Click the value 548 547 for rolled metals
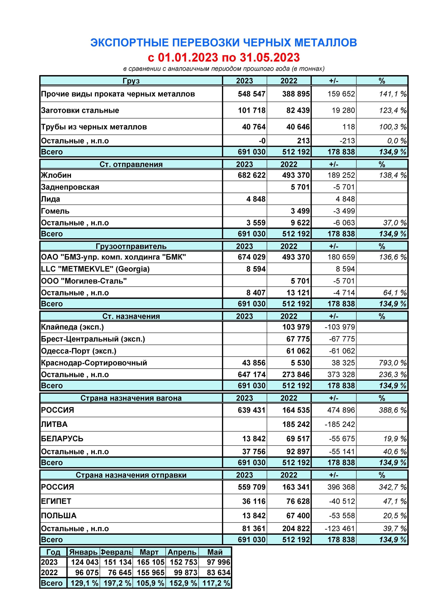pos(251,94)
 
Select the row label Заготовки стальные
pos(80,110)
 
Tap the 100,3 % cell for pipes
pos(392,127)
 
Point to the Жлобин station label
pos(56,175)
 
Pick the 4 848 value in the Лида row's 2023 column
pos(256,199)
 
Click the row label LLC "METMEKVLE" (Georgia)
pos(95,269)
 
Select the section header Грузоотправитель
pos(131,246)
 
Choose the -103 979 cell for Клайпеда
pos(340,327)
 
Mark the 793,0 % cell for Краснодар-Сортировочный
pos(392,363)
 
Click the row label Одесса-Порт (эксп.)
pos(79,351)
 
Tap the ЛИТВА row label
pos(54,424)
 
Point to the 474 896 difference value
pos(341,410)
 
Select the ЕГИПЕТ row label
pos(56,501)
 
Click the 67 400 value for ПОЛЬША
pos(298,516)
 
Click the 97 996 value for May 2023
pos(218,562)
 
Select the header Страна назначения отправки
pos(131,475)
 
